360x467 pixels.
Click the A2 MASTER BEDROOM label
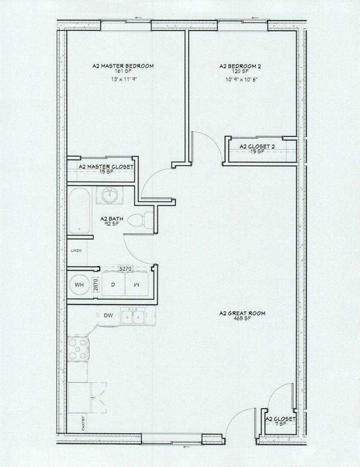coord(123,66)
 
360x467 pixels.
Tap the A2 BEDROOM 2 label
coord(240,66)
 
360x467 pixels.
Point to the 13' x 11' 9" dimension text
coord(123,79)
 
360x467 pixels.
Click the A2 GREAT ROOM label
coord(242,313)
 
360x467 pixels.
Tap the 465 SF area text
coord(242,318)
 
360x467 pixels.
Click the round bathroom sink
coord(110,195)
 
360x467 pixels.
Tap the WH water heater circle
coord(79,285)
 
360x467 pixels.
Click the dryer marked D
coord(113,284)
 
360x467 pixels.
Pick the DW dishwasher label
coord(108,315)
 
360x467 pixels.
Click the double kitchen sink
coord(132,316)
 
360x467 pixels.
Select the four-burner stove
coord(77,349)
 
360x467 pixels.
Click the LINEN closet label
coord(76,250)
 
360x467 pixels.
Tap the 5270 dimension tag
coord(125,269)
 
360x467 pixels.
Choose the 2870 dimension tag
coord(96,285)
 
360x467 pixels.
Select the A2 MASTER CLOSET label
coord(106,167)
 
